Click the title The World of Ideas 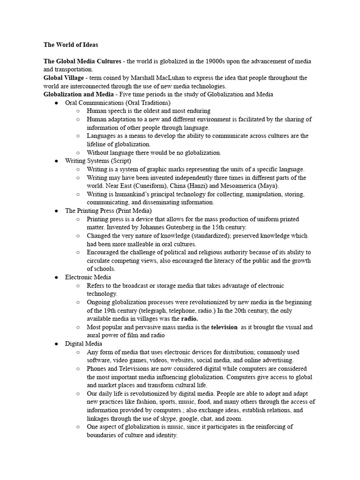(x=71, y=45)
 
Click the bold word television (x=224, y=327)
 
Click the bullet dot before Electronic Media (x=56, y=277)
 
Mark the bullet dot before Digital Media (x=56, y=344)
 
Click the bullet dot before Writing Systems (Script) (x=56, y=161)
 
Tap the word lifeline (x=97, y=144)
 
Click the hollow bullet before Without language (x=78, y=153)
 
